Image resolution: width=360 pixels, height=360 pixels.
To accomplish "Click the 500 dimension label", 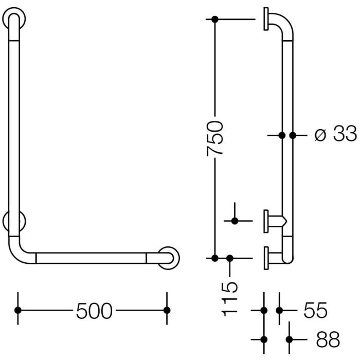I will (94, 311).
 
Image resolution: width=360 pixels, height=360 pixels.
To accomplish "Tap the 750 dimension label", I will (214, 138).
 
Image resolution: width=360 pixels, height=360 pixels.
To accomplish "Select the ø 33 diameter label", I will (335, 135).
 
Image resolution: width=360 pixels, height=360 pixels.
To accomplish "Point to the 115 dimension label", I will (230, 299).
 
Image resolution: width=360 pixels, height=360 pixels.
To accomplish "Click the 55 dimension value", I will (315, 311).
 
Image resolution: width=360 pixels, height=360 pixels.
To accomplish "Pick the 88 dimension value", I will (328, 339).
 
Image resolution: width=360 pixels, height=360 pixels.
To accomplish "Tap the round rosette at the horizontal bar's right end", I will (168, 258).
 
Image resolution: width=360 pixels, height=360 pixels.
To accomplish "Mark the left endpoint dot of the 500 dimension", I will (18, 310).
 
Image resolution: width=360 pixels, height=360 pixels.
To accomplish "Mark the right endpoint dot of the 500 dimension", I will (166, 310).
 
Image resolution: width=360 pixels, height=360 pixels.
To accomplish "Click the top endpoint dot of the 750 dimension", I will (215, 20).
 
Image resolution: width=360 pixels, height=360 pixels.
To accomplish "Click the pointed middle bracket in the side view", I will (277, 221).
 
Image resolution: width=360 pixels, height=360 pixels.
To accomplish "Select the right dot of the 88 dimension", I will (290, 339).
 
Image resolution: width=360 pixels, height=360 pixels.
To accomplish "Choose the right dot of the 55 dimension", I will (279, 311).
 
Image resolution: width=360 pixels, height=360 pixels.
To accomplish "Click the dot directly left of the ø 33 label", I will (293, 135).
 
